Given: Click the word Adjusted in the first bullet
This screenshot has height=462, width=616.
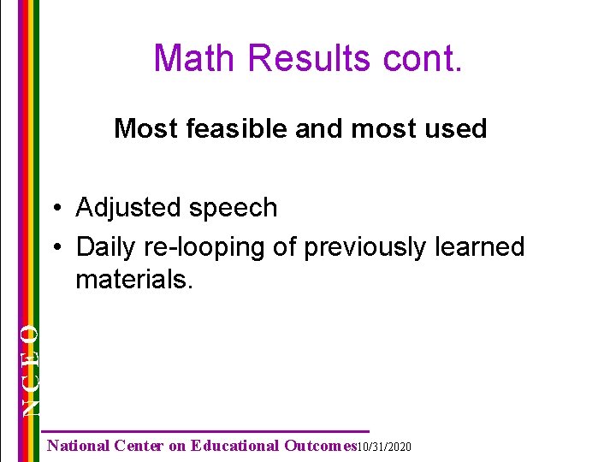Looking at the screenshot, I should point(127,208).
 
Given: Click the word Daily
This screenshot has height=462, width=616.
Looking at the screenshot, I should point(104,247).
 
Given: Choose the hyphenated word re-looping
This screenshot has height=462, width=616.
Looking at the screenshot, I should point(199,247).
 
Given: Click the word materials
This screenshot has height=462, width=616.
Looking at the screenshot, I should point(134,280).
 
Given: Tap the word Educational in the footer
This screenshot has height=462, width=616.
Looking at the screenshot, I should point(235,446).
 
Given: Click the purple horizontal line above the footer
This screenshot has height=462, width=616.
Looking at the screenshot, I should point(205,430).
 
